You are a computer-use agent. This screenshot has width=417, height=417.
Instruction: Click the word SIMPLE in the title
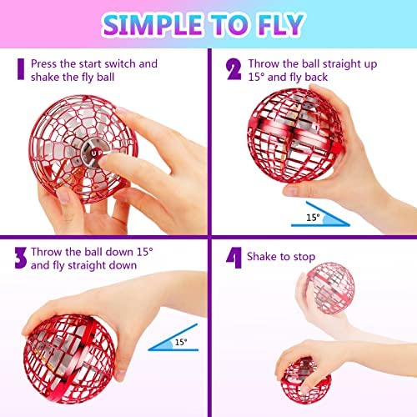tap(152, 24)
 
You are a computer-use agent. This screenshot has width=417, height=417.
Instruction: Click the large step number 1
tap(21, 69)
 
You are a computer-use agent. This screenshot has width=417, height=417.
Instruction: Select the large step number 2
tap(234, 69)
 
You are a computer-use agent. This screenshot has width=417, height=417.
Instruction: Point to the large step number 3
tap(21, 258)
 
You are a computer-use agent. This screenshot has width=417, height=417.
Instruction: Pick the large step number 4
tap(234, 258)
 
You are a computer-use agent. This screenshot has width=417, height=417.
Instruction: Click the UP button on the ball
tap(93, 153)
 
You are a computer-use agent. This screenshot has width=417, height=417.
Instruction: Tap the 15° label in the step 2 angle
tap(313, 218)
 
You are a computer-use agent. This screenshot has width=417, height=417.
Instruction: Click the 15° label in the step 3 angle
tap(181, 342)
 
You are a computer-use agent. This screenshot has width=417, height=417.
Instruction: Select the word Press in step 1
tap(44, 63)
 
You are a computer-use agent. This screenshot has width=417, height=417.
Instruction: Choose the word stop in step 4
tap(304, 257)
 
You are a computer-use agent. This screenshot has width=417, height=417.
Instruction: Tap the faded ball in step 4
tap(331, 288)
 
